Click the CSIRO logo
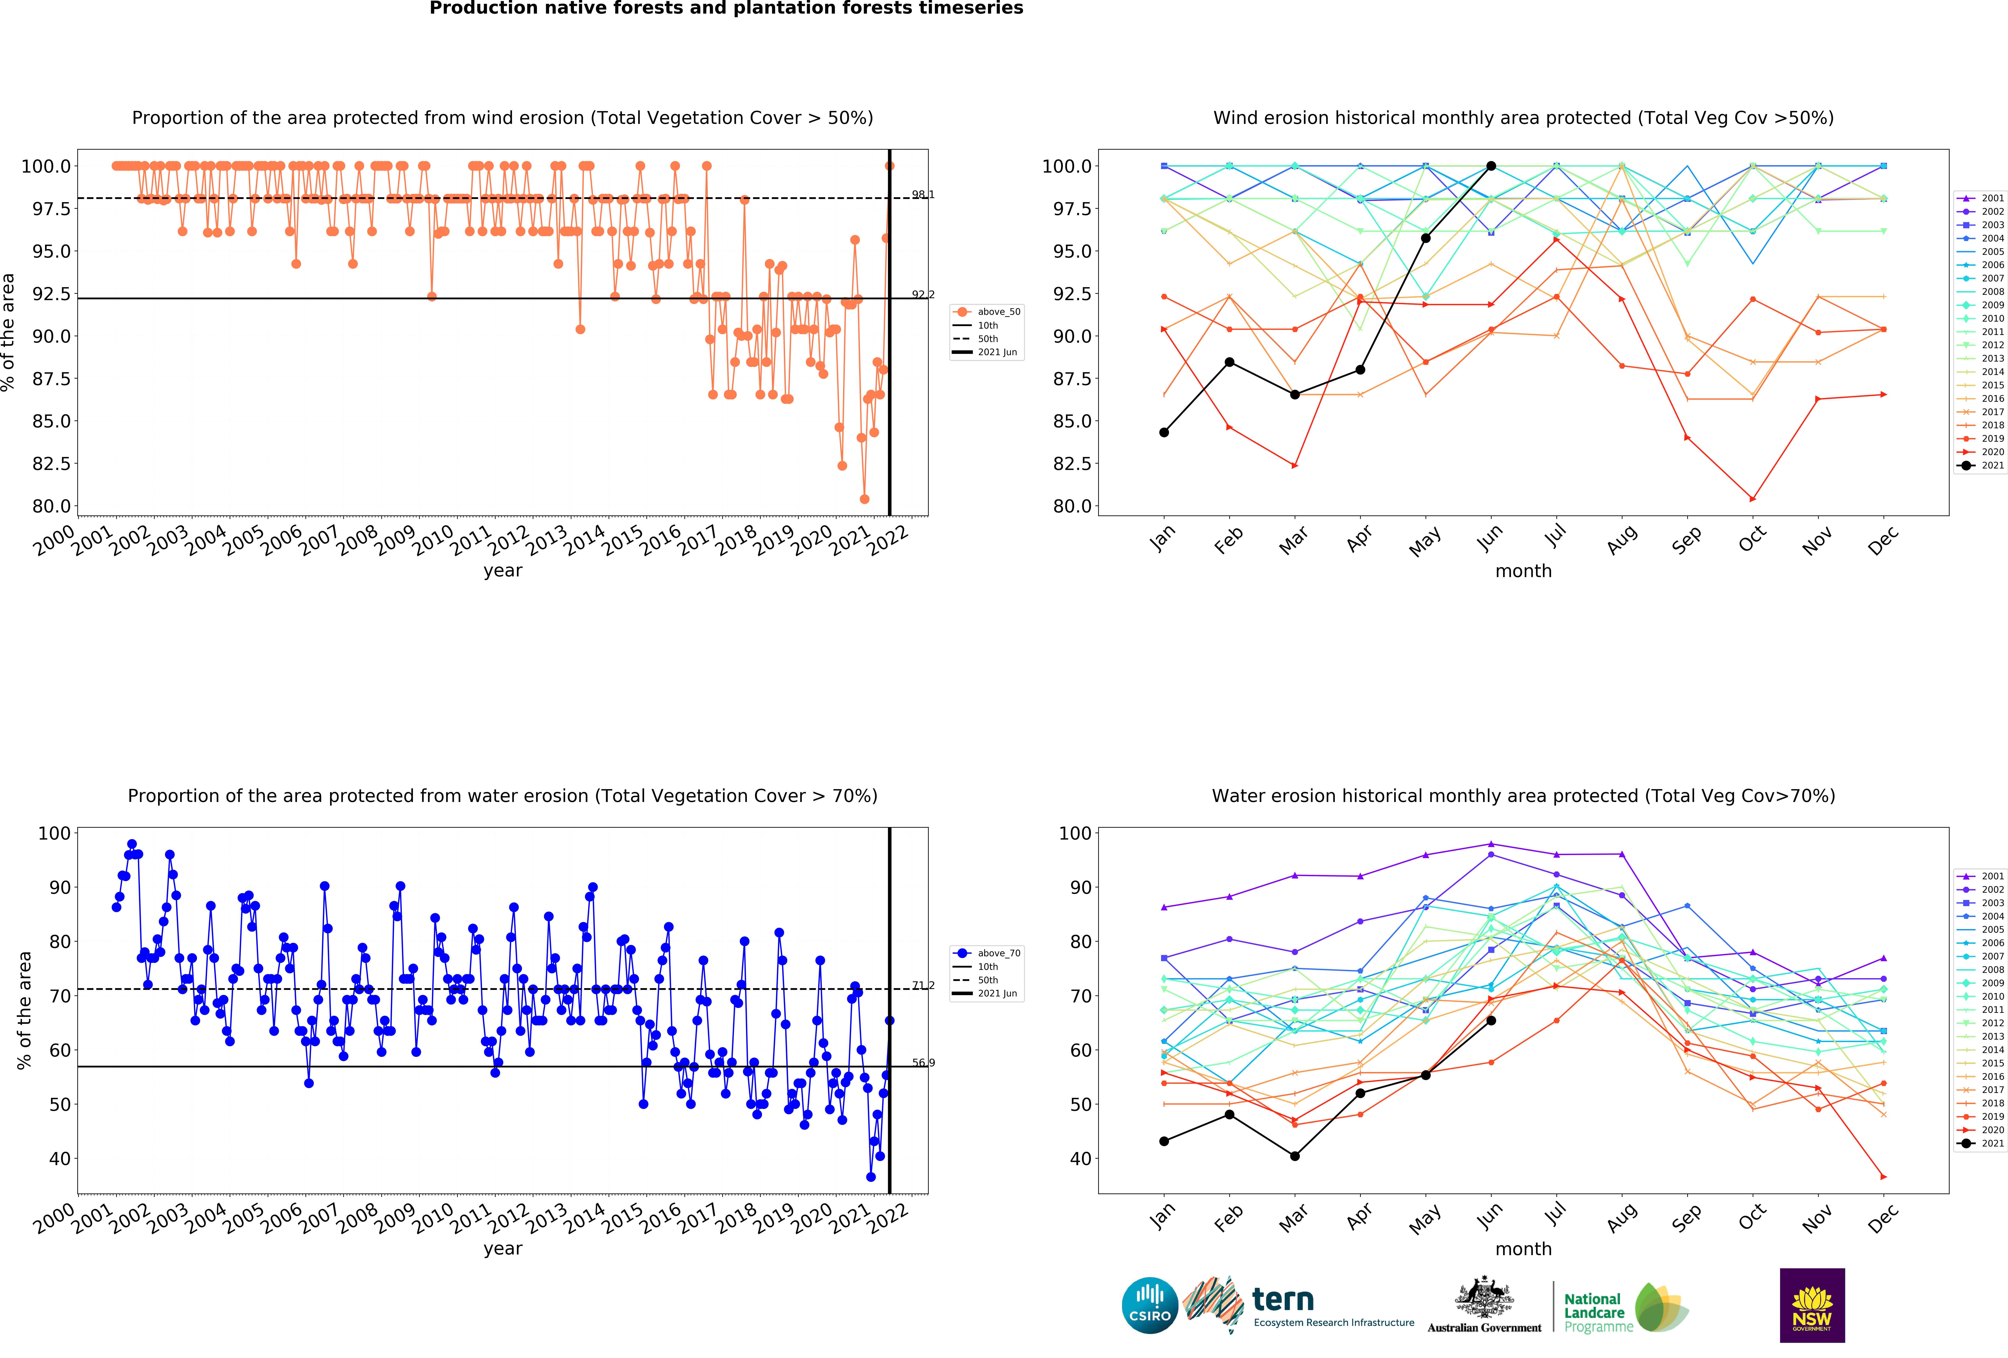(1150, 1305)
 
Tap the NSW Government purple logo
(1812, 1305)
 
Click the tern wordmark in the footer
(1283, 1299)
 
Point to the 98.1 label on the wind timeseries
(923, 194)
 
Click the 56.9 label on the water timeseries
(923, 1062)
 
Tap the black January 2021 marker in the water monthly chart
(1164, 1141)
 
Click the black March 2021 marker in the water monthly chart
(1294, 1156)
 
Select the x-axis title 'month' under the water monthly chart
(1523, 1249)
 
